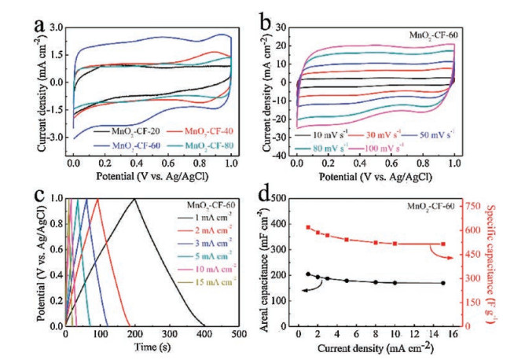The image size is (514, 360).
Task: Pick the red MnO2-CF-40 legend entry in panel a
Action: point(178,131)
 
